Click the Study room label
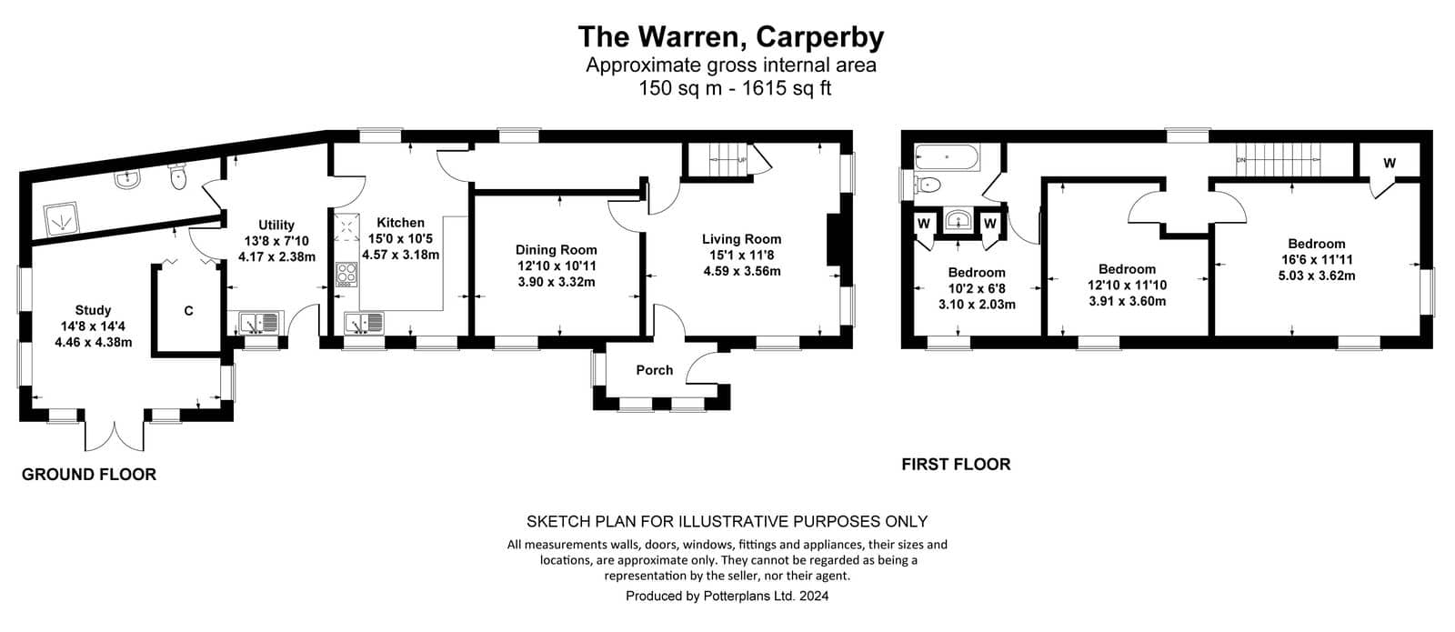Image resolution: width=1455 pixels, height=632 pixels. pyautogui.click(x=93, y=310)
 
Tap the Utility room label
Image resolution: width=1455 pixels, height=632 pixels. pyautogui.click(x=276, y=225)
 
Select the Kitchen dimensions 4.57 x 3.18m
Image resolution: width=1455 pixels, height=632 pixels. pyautogui.click(x=400, y=255)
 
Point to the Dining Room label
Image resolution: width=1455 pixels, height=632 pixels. pyautogui.click(x=556, y=249)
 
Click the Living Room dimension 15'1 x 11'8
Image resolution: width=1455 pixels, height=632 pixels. pyautogui.click(x=742, y=255)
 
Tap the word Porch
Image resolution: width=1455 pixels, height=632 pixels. pyautogui.click(x=654, y=369)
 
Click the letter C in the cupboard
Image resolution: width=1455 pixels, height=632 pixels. pyautogui.click(x=188, y=311)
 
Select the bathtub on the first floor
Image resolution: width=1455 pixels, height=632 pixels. pyautogui.click(x=946, y=157)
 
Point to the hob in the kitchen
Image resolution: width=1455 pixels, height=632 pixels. pyautogui.click(x=346, y=274)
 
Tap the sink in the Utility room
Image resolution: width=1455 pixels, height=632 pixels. pyautogui.click(x=258, y=322)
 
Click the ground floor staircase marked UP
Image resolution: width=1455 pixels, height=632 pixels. pyautogui.click(x=727, y=159)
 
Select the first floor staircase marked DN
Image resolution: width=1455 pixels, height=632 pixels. pyautogui.click(x=1278, y=159)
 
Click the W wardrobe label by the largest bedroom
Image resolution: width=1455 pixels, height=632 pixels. pyautogui.click(x=1390, y=163)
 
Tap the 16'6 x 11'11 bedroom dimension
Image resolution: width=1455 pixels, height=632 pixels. pyautogui.click(x=1316, y=259)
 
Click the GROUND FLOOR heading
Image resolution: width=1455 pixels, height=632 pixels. pyautogui.click(x=89, y=474)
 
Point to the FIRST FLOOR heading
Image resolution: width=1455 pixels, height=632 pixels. pyautogui.click(x=956, y=464)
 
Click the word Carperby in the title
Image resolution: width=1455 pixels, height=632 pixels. pyautogui.click(x=819, y=37)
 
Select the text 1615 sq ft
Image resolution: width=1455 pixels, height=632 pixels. pyautogui.click(x=787, y=87)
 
